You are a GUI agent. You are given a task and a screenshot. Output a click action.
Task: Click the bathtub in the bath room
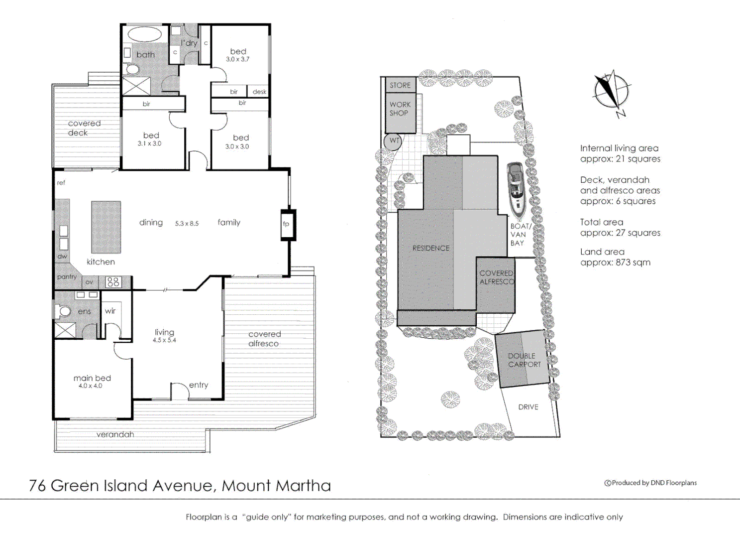click(145, 35)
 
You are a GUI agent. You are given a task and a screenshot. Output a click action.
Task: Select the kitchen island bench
click(106, 227)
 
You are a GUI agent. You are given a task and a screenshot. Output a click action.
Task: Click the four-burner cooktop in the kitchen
click(113, 282)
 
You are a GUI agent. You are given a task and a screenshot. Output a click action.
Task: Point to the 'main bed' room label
click(92, 378)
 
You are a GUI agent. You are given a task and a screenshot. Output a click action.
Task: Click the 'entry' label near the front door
click(199, 385)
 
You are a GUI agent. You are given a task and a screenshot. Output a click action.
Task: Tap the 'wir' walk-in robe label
click(110, 311)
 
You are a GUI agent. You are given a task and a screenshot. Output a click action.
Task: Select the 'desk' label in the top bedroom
click(259, 92)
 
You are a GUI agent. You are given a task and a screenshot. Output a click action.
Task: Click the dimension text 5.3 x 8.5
click(187, 224)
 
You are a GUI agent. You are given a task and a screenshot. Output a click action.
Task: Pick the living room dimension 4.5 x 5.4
click(164, 340)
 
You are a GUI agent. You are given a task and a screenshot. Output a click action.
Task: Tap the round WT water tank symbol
click(394, 141)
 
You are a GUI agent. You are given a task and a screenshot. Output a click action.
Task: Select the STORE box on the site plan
click(400, 85)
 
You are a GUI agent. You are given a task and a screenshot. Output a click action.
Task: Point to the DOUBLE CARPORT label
click(524, 360)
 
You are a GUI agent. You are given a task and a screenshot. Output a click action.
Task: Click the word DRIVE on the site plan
click(528, 407)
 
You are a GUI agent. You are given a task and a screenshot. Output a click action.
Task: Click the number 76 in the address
click(37, 486)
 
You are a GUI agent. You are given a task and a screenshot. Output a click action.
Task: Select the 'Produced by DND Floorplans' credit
click(650, 483)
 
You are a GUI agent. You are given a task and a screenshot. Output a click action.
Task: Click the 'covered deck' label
click(84, 128)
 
